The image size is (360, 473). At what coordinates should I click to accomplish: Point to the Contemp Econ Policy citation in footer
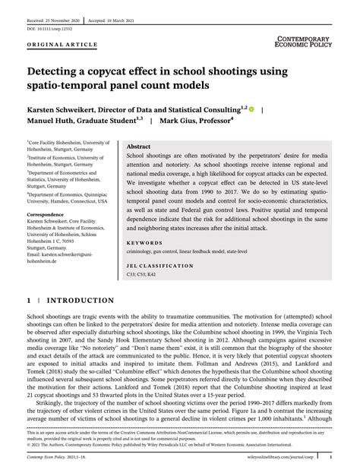(56, 459)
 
